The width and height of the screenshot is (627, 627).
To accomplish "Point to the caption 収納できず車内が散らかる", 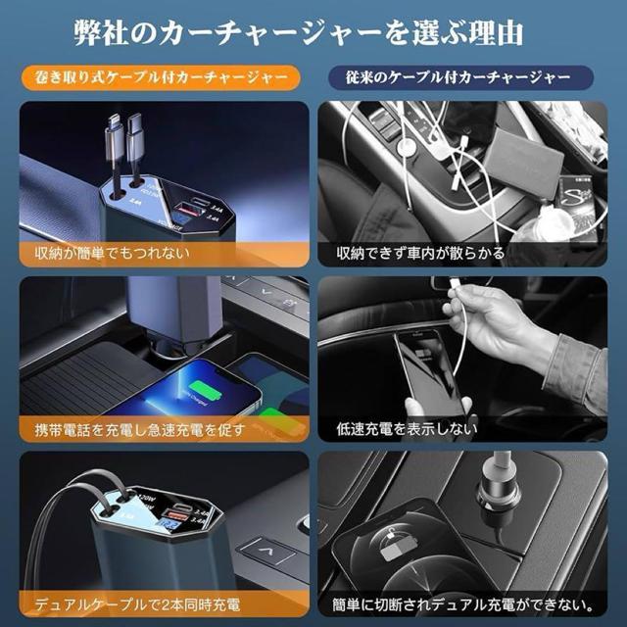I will point(421,252).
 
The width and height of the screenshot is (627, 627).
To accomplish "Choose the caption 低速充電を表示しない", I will point(407,428).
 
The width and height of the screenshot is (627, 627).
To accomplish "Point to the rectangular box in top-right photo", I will point(524,147).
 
